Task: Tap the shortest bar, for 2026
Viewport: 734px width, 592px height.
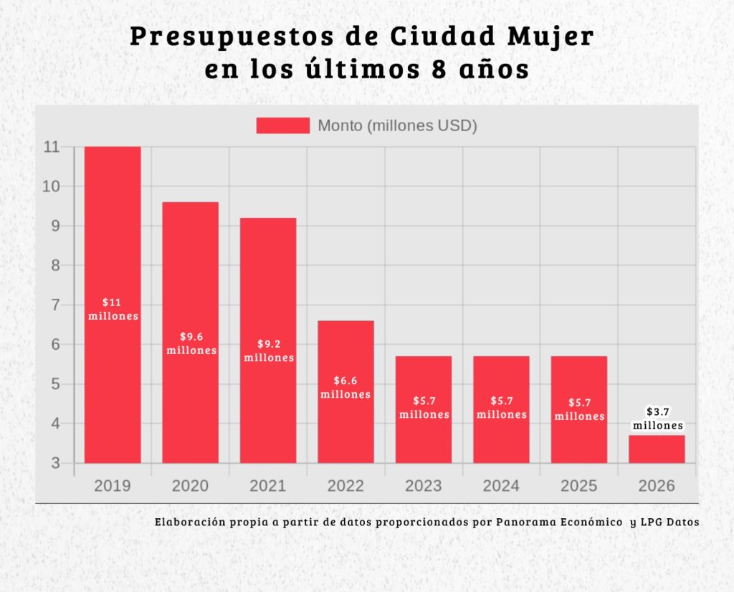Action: click(x=657, y=449)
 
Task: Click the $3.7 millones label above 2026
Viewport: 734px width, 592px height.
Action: click(x=657, y=419)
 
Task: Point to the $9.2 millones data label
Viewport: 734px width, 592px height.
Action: click(x=269, y=350)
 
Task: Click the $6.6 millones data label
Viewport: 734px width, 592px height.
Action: click(x=345, y=388)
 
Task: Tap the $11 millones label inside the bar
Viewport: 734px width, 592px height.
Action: click(x=113, y=309)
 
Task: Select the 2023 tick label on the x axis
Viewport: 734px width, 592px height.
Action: click(x=423, y=486)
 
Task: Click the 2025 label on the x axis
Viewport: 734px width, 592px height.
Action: click(x=578, y=486)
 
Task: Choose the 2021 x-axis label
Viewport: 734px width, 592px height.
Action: click(x=268, y=486)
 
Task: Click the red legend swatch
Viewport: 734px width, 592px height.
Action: click(x=282, y=125)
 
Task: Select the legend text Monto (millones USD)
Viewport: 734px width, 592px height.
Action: click(x=397, y=125)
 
